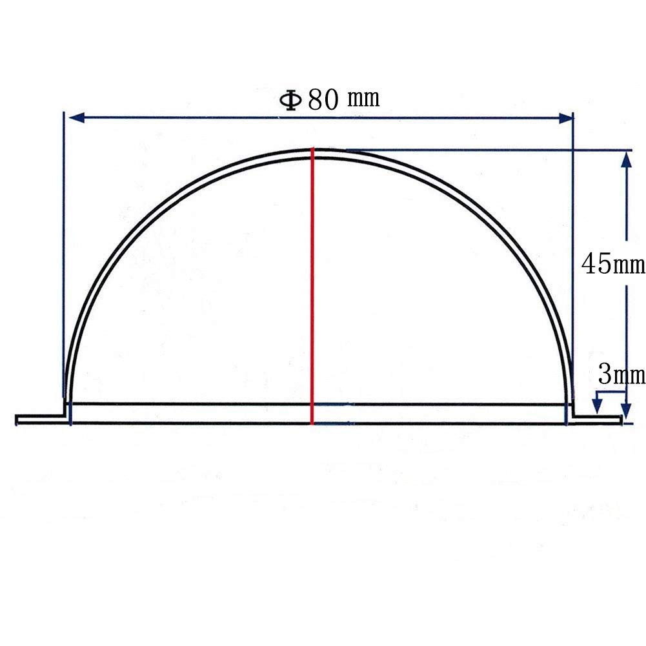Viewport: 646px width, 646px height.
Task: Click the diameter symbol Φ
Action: [x=290, y=100]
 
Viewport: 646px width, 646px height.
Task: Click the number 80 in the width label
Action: [x=323, y=99]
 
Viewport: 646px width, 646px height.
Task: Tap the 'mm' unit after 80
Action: [x=363, y=99]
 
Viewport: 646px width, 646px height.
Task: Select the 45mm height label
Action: [x=613, y=264]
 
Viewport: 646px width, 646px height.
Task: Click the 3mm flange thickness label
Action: [x=621, y=375]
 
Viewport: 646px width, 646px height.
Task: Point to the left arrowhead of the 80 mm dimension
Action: [x=77, y=118]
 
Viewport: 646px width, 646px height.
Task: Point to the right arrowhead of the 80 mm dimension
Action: [x=565, y=119]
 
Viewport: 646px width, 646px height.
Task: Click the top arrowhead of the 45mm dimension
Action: [x=626, y=159]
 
